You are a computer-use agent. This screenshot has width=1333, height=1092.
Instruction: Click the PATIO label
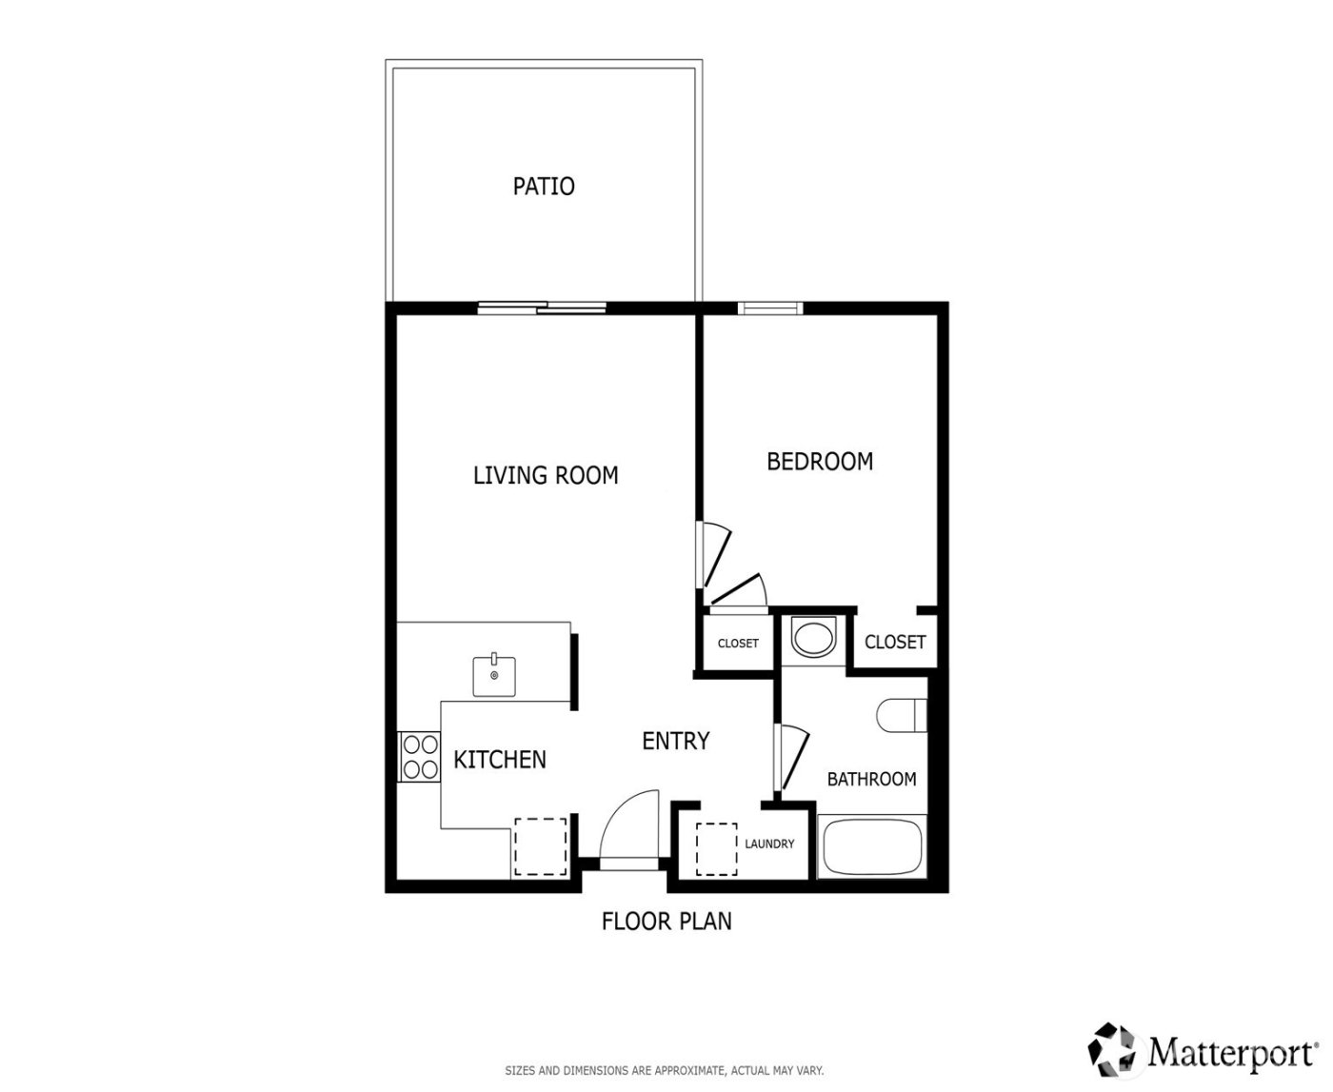pos(544,186)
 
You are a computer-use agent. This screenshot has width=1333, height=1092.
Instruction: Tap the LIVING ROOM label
pos(546,475)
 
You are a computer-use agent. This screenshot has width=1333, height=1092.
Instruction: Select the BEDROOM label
pos(820,462)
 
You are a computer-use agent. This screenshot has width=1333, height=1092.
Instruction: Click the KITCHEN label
pos(500,760)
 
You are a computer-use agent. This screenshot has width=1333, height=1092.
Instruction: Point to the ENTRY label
pos(676,741)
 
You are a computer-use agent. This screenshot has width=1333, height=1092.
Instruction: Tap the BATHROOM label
pos(871,780)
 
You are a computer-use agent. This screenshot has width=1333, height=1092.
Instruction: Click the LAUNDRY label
pos(769,844)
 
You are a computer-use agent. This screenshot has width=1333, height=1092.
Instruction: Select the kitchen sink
pos(495,675)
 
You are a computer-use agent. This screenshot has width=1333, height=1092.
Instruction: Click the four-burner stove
pos(420,757)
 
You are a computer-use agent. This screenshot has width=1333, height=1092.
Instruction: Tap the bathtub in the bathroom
pos(872,846)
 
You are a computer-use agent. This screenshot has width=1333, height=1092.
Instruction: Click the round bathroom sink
pos(813,638)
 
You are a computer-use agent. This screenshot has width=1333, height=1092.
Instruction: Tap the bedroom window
pos(769,308)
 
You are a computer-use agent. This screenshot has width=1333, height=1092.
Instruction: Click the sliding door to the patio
pos(542,308)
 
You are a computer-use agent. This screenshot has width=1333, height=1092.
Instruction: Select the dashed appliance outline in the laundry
pos(717,848)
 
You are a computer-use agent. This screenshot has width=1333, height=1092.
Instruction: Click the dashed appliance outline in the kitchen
pos(540,846)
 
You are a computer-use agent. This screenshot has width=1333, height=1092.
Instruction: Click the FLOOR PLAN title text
pos(666,922)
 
